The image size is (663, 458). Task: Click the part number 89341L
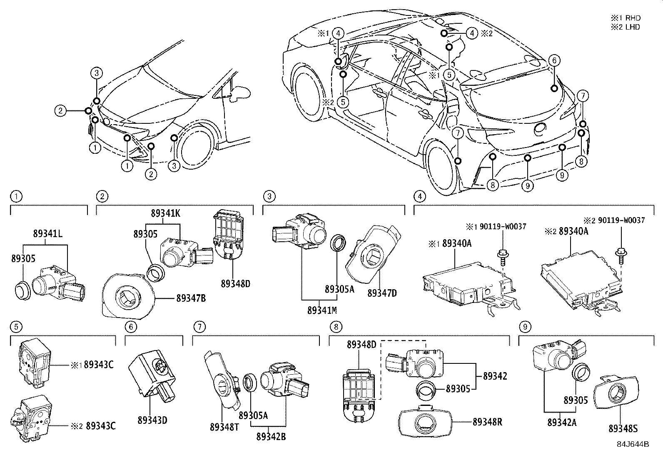[x=48, y=234]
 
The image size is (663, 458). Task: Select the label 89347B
[x=191, y=298]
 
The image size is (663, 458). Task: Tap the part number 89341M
[x=322, y=310]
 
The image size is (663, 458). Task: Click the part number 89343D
[x=153, y=420]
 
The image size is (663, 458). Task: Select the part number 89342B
[x=271, y=436]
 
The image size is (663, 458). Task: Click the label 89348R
[x=487, y=421]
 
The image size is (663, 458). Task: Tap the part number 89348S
[x=623, y=428]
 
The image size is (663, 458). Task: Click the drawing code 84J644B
[x=633, y=444]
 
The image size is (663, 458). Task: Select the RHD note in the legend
[x=626, y=18]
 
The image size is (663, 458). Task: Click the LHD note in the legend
[x=626, y=27]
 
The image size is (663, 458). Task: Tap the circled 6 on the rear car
[x=553, y=60]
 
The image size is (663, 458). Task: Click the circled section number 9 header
[x=524, y=327]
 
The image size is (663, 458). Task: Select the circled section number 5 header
[x=16, y=327]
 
